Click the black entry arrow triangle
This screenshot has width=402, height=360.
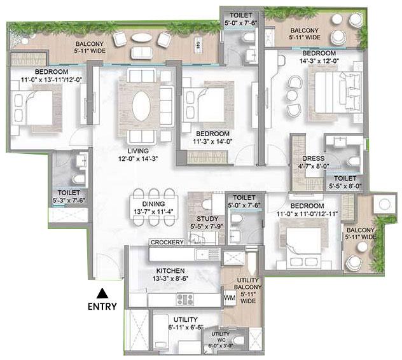[100, 294]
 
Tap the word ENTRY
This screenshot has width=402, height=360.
[100, 307]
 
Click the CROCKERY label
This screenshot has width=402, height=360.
[167, 242]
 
